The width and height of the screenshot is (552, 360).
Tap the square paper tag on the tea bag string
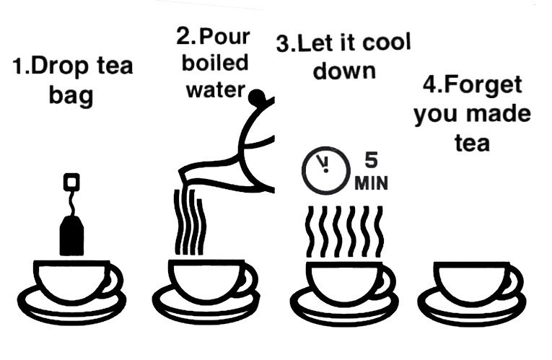click(71, 182)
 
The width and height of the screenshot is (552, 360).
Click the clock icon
click(326, 170)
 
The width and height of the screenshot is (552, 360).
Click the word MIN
click(371, 183)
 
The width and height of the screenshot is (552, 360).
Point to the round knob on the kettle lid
click(257, 97)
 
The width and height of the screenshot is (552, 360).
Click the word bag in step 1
click(71, 96)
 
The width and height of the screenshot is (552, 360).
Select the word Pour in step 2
click(224, 37)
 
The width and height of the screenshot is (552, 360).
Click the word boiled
click(215, 63)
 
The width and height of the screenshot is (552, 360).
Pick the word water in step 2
click(215, 90)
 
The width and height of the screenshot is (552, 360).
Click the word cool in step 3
click(387, 43)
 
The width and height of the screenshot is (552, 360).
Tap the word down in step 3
click(344, 71)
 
